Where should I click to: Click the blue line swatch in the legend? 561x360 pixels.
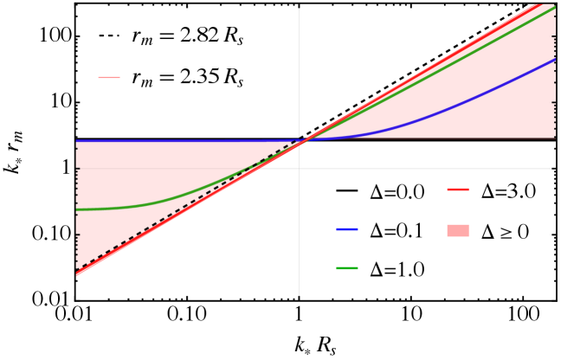346,229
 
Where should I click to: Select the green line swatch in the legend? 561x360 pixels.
346,268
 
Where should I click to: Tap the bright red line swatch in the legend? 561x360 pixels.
457,190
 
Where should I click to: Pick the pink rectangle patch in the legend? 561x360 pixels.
457,231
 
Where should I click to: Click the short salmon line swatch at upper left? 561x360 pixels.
109,78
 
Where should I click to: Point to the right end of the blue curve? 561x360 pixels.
553,61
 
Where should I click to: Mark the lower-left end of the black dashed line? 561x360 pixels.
78,269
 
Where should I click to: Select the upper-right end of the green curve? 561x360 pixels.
553,8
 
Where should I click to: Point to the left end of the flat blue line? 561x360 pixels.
78,141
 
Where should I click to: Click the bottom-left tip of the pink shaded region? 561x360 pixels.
77,275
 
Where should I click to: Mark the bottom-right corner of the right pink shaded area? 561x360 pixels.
553,137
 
